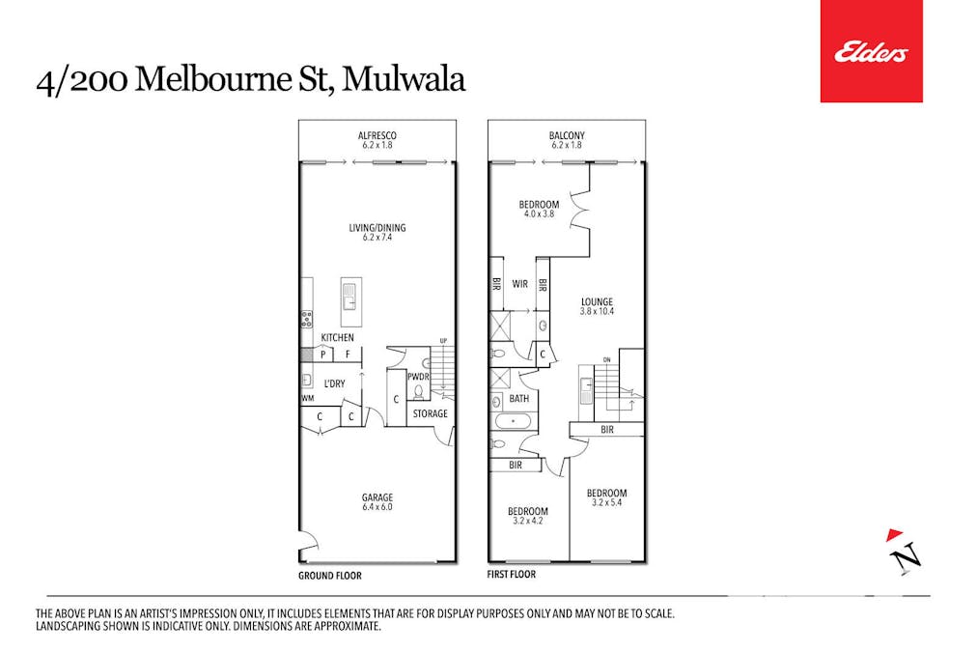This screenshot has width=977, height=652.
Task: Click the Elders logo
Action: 871,52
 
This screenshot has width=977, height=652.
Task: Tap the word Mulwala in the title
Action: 405,78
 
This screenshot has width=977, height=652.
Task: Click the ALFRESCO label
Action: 377,135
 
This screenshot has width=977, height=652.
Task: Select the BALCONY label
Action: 567,135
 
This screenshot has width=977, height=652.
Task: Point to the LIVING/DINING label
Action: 377,228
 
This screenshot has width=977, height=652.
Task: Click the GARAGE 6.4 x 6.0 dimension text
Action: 377,506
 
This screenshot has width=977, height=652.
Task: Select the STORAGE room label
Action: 431,413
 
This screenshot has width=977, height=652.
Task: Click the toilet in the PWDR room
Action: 418,391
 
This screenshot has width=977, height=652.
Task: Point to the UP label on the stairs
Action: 443,341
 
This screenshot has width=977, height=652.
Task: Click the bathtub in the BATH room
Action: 511,421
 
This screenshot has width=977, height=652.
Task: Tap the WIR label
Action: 519,285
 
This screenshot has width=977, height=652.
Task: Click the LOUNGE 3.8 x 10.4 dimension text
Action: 597,311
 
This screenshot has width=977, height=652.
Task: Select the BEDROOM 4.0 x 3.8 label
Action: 539,210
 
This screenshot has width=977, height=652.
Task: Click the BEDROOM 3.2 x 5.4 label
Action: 606,498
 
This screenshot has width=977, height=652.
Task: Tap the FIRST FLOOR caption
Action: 512,575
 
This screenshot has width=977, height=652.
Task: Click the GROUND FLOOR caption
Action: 330,576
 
